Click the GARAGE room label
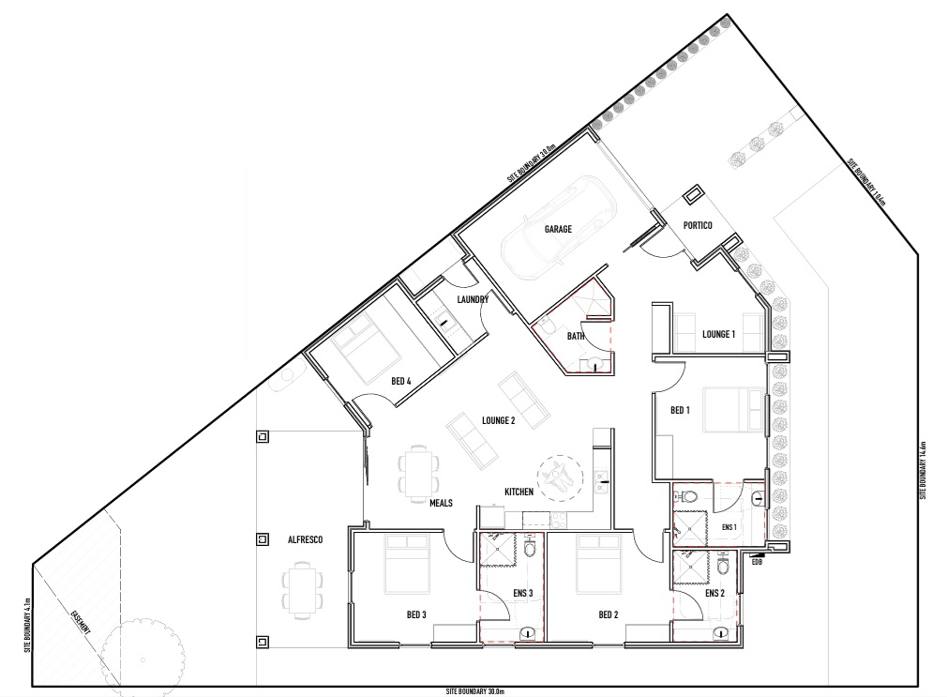point(558,228)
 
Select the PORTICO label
point(698,225)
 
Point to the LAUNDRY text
point(473,300)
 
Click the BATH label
point(575,336)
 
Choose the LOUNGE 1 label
point(719,334)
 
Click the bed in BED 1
point(732,408)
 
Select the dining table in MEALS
point(418,471)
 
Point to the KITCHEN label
point(519,492)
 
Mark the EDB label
point(757,561)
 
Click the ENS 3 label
point(524,593)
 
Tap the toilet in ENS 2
point(722,567)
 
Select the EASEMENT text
point(80,626)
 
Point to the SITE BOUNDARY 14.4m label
point(924,469)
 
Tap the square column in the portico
point(693,194)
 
